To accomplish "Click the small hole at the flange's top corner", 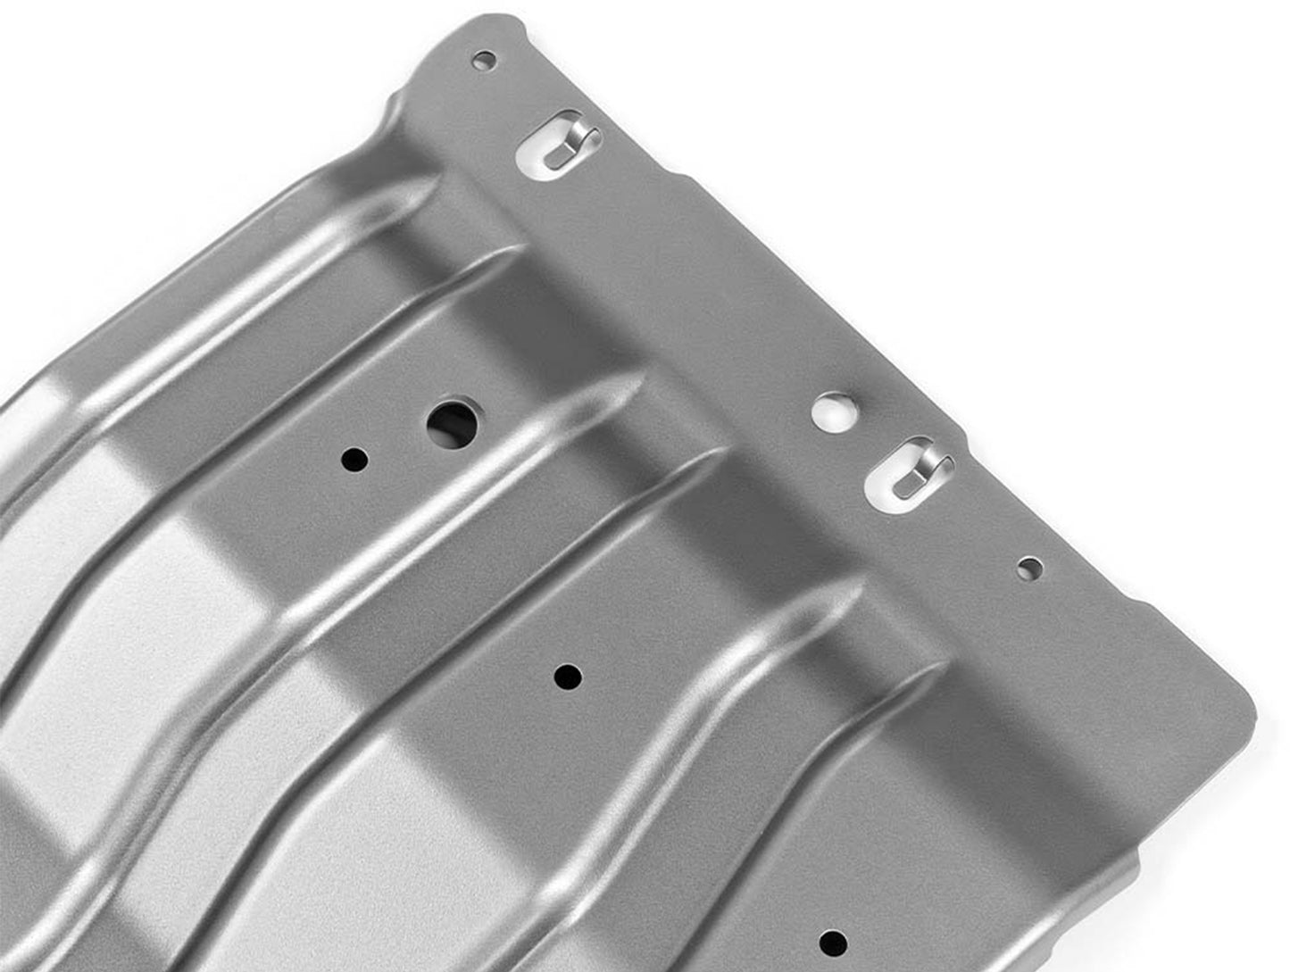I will (484, 61).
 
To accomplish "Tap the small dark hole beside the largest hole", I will (354, 460).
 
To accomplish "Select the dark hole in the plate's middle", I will (567, 677).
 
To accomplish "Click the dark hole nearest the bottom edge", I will (833, 942).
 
